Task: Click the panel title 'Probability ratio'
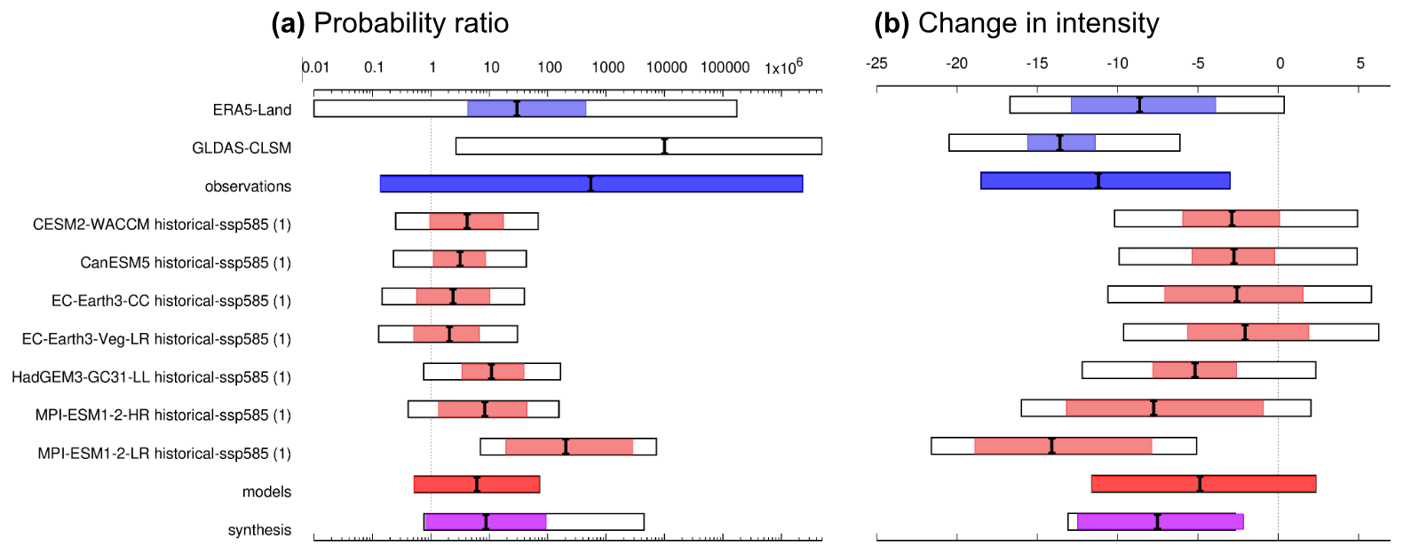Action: (411, 23)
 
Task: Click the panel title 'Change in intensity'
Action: (1038, 23)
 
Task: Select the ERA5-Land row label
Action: (252, 110)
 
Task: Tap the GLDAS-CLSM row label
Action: (242, 148)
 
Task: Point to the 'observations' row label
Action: (248, 186)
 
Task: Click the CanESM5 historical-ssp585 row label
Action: (186, 263)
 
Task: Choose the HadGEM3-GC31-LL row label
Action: (151, 377)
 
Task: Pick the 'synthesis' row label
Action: (259, 530)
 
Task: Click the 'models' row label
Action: (266, 492)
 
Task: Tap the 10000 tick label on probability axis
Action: (666, 67)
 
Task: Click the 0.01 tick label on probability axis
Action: (316, 67)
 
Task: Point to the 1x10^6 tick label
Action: (783, 67)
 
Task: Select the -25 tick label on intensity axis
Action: (876, 63)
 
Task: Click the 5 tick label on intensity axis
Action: (1359, 63)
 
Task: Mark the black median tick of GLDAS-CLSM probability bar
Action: (664, 146)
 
